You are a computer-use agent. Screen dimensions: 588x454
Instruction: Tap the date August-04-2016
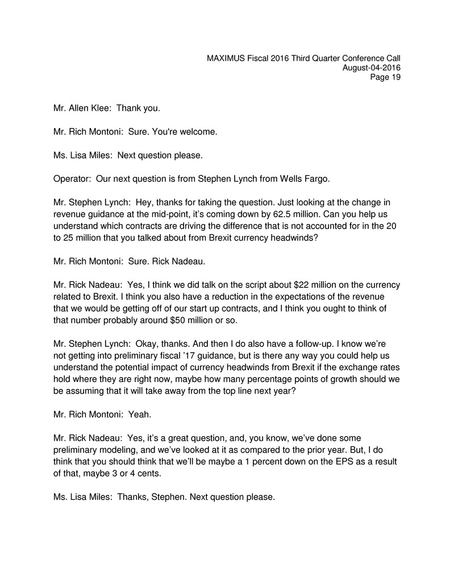pos(372,68)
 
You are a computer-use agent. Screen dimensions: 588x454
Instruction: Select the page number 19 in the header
pos(395,77)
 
